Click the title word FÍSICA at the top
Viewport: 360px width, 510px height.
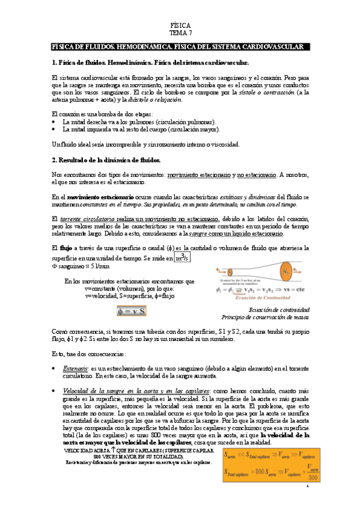(x=180, y=26)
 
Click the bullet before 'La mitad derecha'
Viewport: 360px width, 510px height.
(x=55, y=121)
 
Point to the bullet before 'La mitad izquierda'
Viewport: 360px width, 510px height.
(x=55, y=129)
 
